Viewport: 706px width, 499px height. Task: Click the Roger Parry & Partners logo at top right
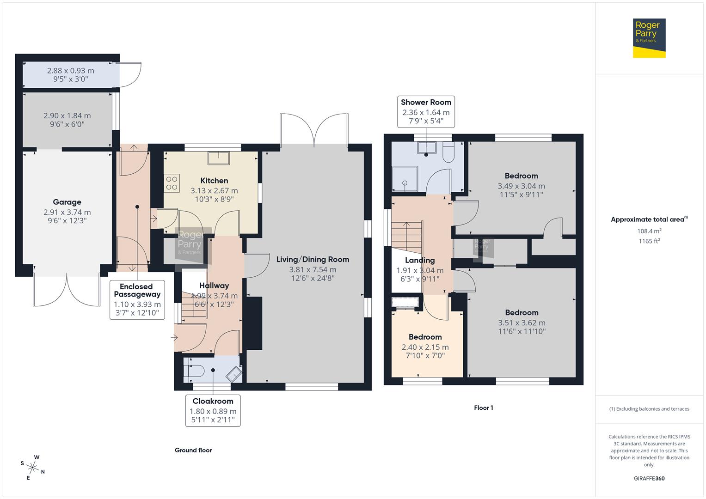pyautogui.click(x=649, y=38)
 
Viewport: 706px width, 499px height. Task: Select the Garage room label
pyautogui.click(x=67, y=202)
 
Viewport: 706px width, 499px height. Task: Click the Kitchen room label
pyautogui.click(x=214, y=181)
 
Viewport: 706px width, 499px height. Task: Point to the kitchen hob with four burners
pyautogui.click(x=172, y=183)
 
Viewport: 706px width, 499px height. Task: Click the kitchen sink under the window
pyautogui.click(x=220, y=158)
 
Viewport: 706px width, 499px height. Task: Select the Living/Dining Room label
pyautogui.click(x=313, y=259)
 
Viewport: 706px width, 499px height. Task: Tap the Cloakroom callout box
pyautogui.click(x=213, y=410)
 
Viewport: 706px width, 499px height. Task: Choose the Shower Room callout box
pyautogui.click(x=426, y=111)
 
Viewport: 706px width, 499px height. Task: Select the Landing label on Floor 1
pyautogui.click(x=420, y=260)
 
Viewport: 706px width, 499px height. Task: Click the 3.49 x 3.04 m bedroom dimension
pyautogui.click(x=521, y=186)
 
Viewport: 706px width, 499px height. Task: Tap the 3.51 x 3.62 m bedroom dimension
pyautogui.click(x=522, y=323)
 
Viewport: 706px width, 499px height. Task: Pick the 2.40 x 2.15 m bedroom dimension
pyautogui.click(x=425, y=347)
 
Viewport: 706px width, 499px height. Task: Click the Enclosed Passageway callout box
pyautogui.click(x=137, y=299)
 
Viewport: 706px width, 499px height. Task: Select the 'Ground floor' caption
pyautogui.click(x=193, y=450)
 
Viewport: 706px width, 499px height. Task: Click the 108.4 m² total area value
pyautogui.click(x=649, y=231)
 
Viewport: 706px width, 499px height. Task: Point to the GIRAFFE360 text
pyautogui.click(x=649, y=478)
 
